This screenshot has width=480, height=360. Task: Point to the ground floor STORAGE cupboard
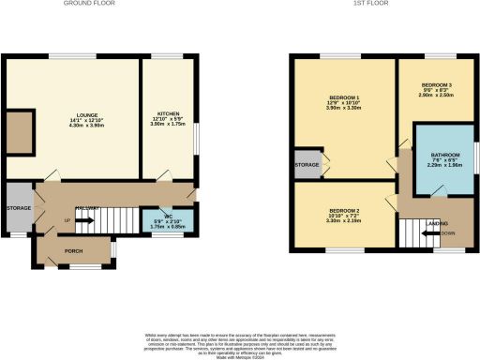coord(19,208)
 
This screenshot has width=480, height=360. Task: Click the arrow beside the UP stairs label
coord(82,222)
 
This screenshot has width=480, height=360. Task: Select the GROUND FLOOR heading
coord(90,5)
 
